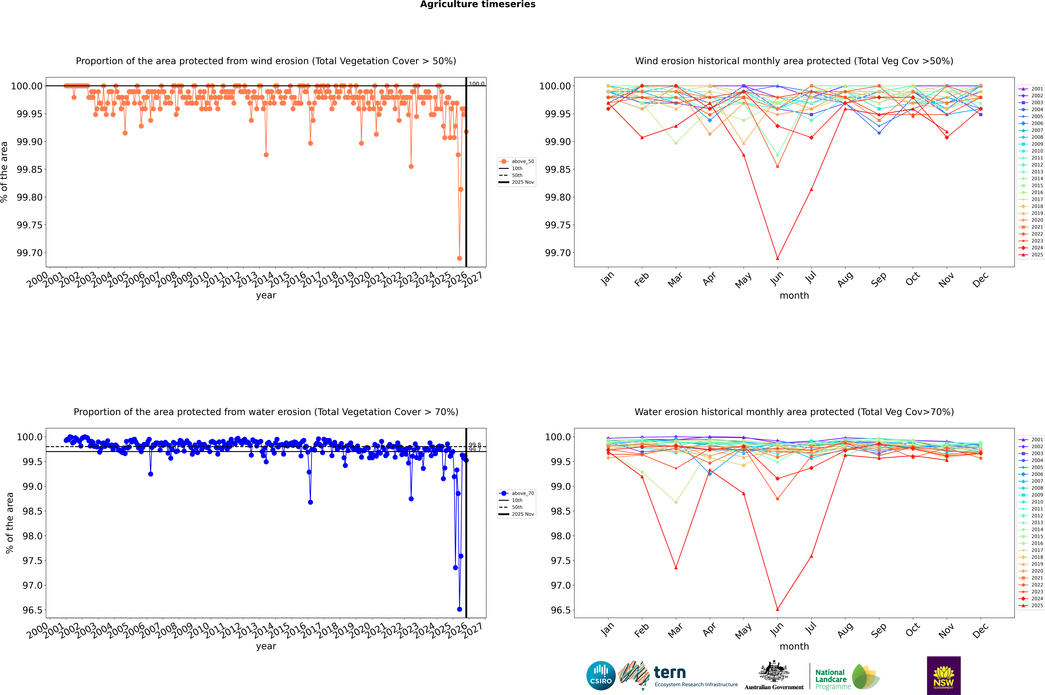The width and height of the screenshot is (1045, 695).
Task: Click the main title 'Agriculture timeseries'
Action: click(478, 4)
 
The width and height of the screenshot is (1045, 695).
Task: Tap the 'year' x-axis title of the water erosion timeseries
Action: click(266, 646)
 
